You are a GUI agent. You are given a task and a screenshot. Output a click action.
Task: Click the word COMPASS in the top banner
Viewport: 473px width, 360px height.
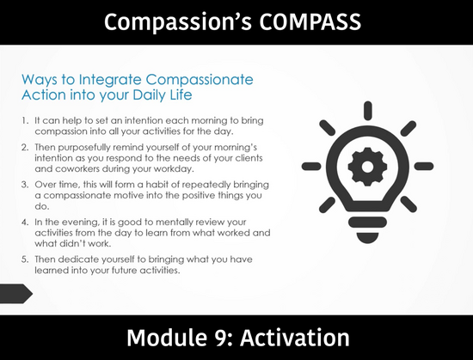tap(310, 21)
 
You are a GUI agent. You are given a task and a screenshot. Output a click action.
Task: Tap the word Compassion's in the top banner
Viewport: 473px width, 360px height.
tap(178, 23)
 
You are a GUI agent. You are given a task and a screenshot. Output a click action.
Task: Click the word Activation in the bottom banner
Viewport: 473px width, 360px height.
tap(295, 338)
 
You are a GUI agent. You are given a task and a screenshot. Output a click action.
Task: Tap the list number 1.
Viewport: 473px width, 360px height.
tap(25, 120)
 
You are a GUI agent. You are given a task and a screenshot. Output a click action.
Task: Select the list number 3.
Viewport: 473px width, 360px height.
tap(25, 185)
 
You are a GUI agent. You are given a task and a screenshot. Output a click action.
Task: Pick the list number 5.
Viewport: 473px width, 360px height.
tap(25, 259)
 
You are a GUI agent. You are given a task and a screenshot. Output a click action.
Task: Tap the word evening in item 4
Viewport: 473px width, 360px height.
tap(80, 223)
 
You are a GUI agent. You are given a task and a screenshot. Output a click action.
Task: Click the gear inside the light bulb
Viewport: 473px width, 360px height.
tap(367, 167)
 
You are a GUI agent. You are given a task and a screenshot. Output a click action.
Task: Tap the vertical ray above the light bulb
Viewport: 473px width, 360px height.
tap(368, 111)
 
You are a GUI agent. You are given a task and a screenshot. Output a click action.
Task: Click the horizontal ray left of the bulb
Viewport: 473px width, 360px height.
tap(311, 166)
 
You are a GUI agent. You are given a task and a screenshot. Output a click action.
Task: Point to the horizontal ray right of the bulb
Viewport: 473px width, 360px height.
tap(424, 166)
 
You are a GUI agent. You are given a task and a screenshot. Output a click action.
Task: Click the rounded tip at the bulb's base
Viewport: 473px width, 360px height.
tap(367, 237)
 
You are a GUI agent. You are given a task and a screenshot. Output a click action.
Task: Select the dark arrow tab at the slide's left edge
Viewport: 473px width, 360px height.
tap(15, 294)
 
